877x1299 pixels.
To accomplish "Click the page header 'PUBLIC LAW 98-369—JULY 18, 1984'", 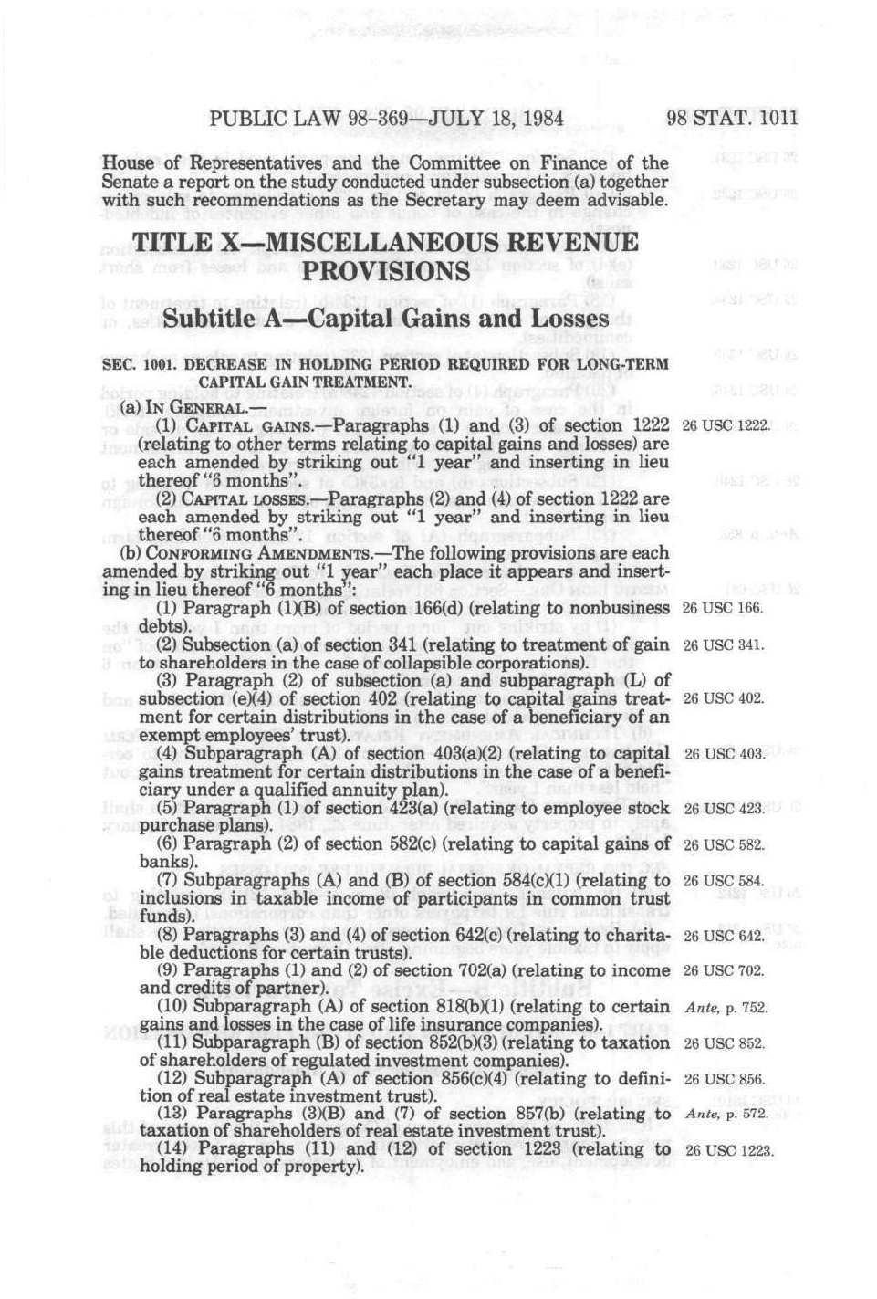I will coord(386,118).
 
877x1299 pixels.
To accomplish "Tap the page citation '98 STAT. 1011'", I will coord(732,118).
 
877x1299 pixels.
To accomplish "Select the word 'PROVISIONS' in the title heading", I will coord(384,272).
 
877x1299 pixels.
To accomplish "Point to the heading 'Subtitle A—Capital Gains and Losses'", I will coord(385,319).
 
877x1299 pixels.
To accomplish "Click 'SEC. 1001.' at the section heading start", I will coord(140,364).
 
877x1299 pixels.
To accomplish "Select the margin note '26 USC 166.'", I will coord(723,608).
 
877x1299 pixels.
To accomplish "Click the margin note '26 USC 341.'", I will coord(723,644).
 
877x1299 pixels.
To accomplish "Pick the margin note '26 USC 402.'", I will coord(723,698).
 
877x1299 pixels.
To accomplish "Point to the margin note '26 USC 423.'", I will coord(723,808).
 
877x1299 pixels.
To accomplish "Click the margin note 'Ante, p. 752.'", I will coord(726,1008).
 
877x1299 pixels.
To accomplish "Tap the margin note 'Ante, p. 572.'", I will coord(726,1114).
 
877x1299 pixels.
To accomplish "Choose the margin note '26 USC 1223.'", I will coord(728,1150).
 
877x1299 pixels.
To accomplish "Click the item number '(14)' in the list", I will coord(174,1149).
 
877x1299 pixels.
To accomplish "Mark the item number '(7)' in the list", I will coord(168,880).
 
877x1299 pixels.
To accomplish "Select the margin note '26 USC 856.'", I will coord(724,1079).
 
